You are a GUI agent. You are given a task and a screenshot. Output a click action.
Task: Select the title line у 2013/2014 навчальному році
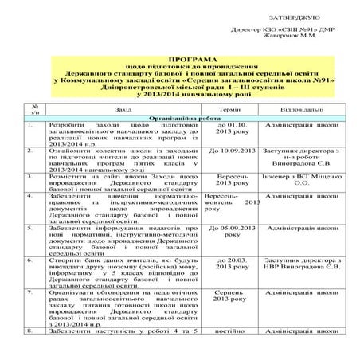point(179,95)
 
